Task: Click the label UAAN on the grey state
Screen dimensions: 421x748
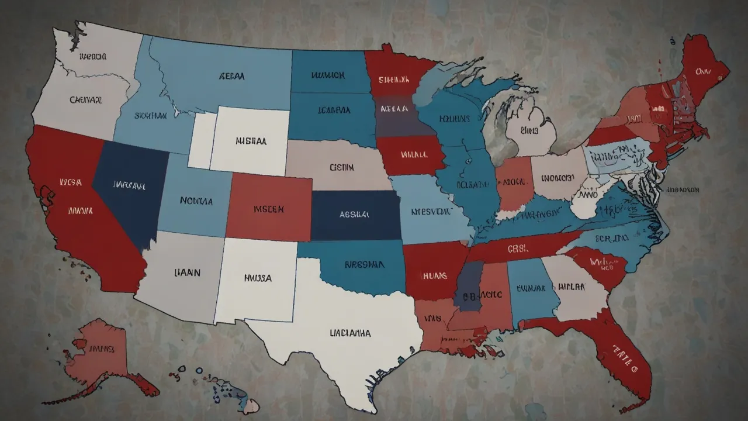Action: (x=188, y=272)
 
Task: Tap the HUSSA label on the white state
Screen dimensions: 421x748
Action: (x=257, y=278)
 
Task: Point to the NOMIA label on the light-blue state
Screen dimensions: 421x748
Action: (x=196, y=201)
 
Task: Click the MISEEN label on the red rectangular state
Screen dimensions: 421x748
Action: (x=269, y=208)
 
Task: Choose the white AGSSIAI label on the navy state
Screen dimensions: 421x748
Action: (x=354, y=215)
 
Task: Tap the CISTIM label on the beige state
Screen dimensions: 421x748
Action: (x=342, y=167)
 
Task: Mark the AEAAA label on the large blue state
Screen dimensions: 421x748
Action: (x=232, y=76)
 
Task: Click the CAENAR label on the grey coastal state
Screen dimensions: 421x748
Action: (x=86, y=100)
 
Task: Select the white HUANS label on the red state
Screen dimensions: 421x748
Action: (x=434, y=275)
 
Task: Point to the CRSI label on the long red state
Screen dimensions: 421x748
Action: (x=517, y=249)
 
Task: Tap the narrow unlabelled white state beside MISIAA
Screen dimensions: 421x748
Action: (x=202, y=140)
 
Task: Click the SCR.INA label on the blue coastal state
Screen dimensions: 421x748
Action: (x=611, y=238)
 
